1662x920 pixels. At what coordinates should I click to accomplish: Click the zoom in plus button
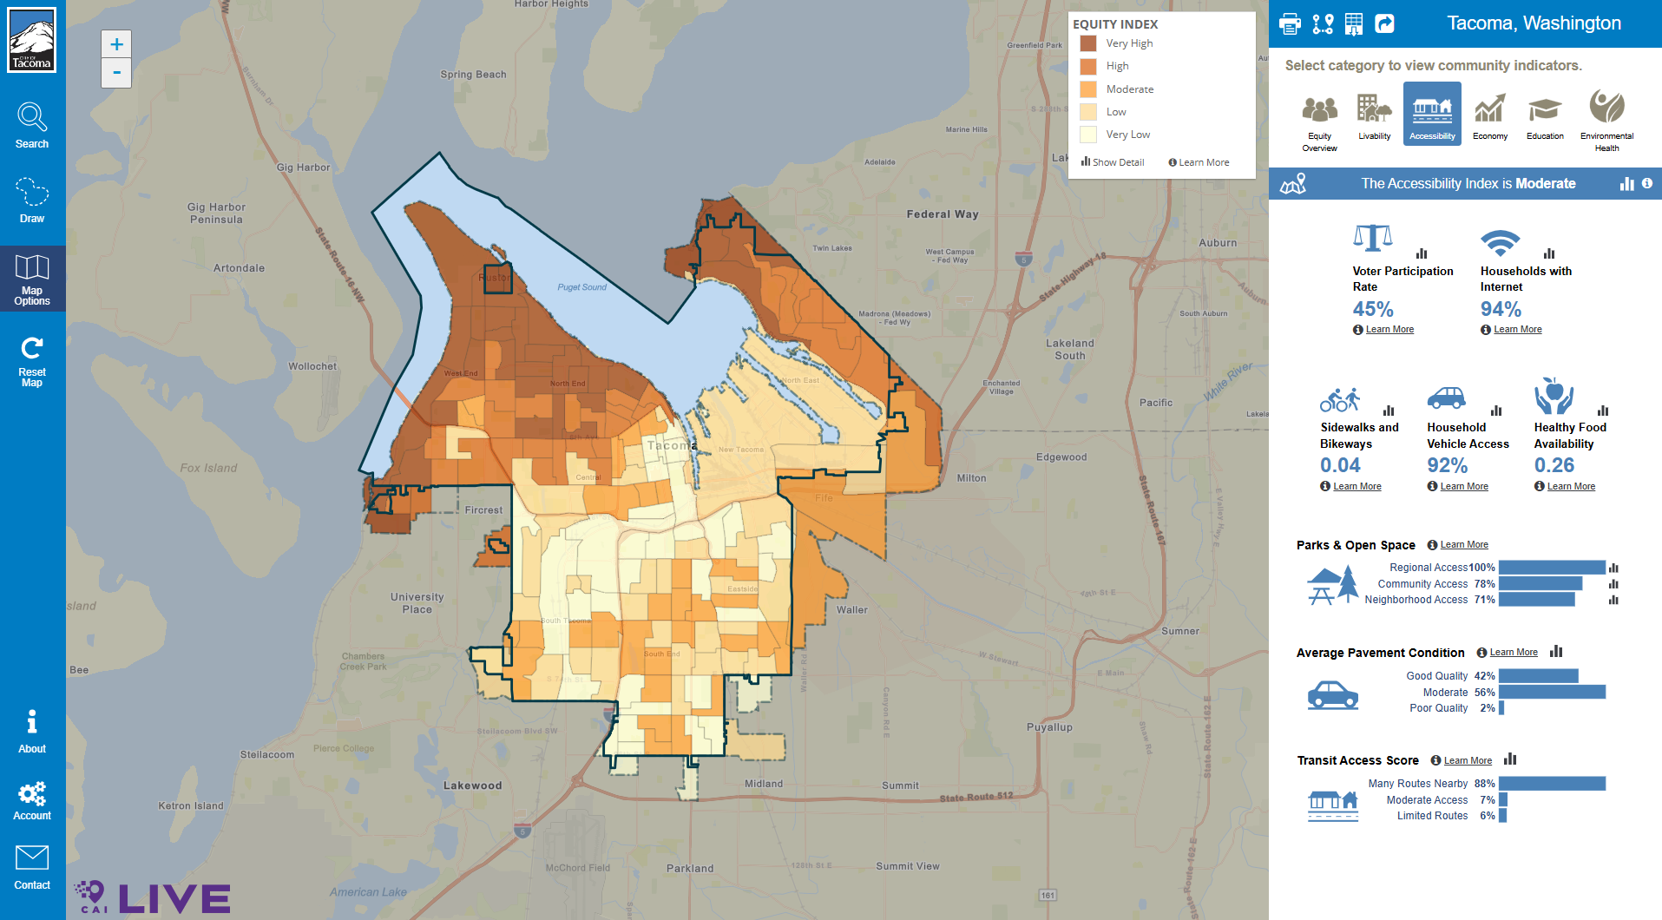point(116,44)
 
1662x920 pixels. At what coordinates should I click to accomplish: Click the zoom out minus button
point(116,73)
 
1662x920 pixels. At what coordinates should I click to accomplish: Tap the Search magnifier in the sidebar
point(32,117)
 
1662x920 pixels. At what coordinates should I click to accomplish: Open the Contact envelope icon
point(32,858)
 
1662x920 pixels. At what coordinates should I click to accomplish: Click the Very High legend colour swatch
point(1088,43)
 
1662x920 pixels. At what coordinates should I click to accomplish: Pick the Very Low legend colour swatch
point(1088,135)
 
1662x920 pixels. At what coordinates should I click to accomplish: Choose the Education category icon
point(1545,110)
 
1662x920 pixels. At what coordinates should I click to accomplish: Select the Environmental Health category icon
point(1606,108)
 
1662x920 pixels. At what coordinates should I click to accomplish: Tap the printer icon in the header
point(1291,23)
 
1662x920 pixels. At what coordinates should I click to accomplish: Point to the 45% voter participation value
point(1373,309)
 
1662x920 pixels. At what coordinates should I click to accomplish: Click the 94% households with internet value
point(1501,309)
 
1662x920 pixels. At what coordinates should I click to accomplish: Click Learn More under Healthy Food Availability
point(1571,487)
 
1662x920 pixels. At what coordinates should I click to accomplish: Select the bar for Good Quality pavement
point(1538,676)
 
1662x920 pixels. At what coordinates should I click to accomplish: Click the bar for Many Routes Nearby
point(1552,784)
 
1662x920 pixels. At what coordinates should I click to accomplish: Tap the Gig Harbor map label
point(303,168)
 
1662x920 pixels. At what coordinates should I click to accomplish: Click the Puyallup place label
point(1049,727)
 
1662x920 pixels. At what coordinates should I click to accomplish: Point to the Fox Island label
point(208,468)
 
